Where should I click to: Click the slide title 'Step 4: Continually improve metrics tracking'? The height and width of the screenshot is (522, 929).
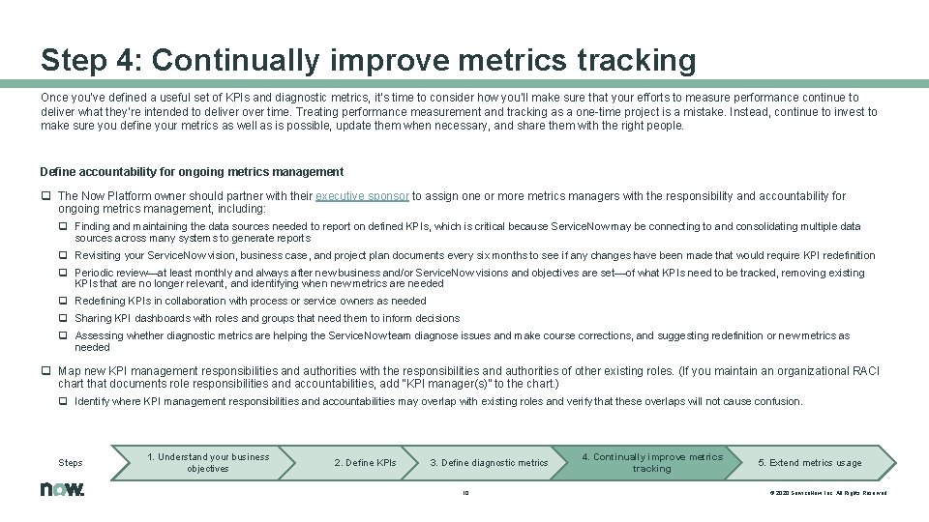click(x=368, y=61)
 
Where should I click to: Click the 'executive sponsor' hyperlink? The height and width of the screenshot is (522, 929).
click(x=362, y=195)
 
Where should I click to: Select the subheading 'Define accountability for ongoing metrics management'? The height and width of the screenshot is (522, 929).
click(x=192, y=172)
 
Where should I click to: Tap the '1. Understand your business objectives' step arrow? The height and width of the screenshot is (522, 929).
click(x=207, y=462)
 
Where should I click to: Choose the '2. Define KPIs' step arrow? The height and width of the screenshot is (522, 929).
click(x=365, y=462)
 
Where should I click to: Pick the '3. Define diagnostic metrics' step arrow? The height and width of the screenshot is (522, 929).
click(x=489, y=462)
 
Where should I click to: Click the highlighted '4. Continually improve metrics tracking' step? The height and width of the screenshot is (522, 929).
click(x=651, y=462)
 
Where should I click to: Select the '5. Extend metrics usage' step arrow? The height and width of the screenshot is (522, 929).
click(x=810, y=462)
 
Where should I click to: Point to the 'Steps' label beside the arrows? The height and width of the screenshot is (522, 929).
click(x=71, y=463)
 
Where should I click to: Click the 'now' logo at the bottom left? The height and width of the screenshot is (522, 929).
click(x=62, y=489)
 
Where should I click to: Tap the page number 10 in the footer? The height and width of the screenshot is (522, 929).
click(x=464, y=492)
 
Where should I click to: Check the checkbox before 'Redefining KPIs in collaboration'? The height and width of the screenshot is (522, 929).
click(x=63, y=301)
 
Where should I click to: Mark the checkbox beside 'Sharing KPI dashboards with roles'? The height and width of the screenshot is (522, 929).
click(x=63, y=318)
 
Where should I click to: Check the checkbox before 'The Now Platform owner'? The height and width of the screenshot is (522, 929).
click(x=45, y=195)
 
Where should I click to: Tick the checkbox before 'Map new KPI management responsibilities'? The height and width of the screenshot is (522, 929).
click(x=45, y=370)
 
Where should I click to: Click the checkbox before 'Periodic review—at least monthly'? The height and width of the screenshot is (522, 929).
click(x=63, y=273)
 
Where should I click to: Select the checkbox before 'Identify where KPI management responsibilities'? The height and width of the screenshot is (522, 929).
click(x=63, y=401)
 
